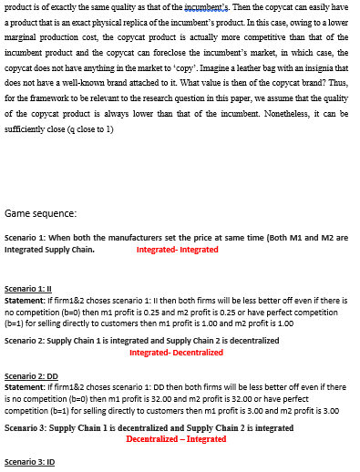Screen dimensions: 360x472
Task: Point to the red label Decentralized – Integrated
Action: pos(176,438)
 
